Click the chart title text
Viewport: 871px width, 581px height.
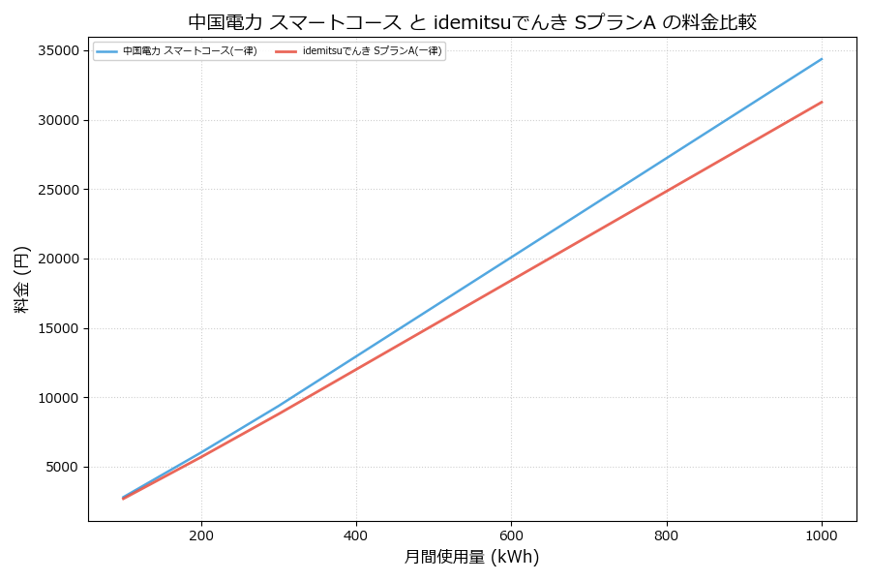(472, 21)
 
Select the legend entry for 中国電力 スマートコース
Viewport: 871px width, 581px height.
(190, 51)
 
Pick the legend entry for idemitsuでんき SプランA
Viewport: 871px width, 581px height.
(372, 51)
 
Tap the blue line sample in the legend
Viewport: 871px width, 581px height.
(106, 51)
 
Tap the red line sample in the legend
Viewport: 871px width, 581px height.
(286, 51)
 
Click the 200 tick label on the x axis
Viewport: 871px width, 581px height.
(201, 535)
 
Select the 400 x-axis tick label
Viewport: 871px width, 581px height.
(356, 535)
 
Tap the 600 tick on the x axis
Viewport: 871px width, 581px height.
(511, 535)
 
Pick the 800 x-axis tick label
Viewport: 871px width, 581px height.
(666, 535)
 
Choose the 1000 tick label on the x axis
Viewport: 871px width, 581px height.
(822, 535)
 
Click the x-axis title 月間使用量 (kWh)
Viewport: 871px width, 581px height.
(471, 558)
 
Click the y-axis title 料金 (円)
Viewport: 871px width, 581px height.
(21, 279)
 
